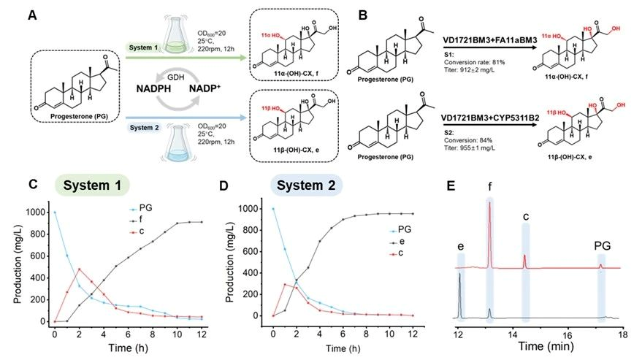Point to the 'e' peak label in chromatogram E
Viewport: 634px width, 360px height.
[x=459, y=237]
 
